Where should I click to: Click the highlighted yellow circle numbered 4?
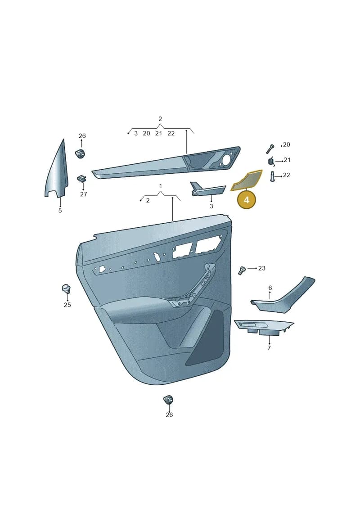click(x=247, y=200)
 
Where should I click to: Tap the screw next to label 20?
click(x=270, y=149)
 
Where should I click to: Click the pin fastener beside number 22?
click(x=272, y=176)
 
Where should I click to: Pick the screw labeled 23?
click(x=241, y=270)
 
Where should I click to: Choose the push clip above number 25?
click(x=66, y=288)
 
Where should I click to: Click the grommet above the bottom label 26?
click(x=168, y=400)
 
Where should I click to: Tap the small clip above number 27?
click(x=82, y=179)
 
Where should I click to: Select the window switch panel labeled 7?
click(x=263, y=327)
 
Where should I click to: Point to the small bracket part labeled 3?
click(x=207, y=189)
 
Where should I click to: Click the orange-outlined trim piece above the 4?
click(x=247, y=180)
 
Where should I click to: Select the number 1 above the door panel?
click(x=160, y=186)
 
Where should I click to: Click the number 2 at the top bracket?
click(x=160, y=119)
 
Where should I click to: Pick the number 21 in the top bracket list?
click(x=158, y=133)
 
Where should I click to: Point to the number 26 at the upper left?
click(x=82, y=136)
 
